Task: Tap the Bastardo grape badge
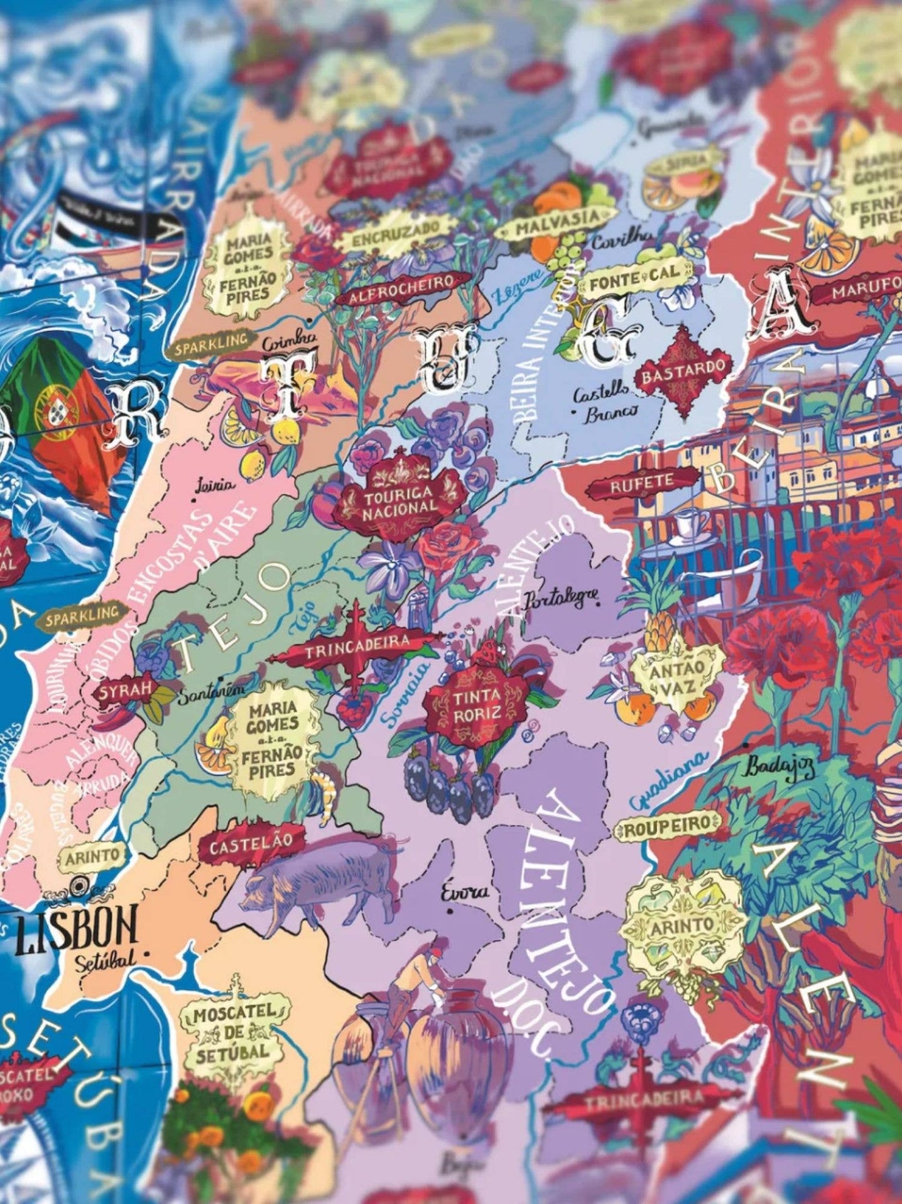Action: point(683,373)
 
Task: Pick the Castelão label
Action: point(250,846)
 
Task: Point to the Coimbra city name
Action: point(290,343)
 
